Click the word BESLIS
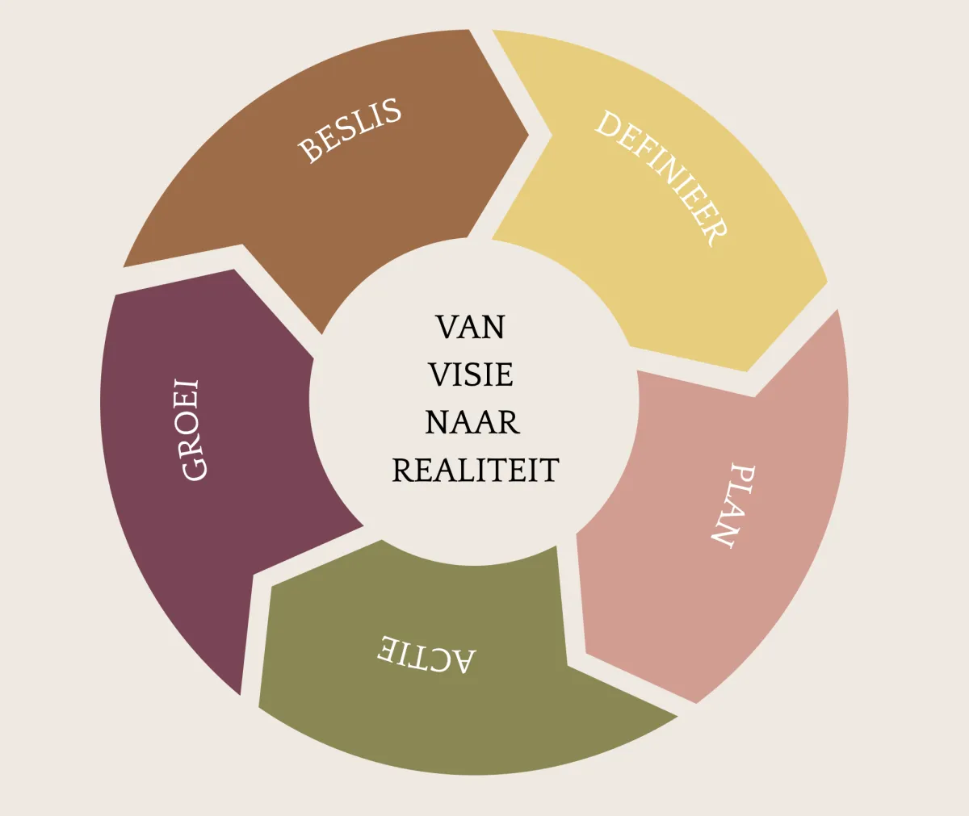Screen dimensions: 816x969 350,130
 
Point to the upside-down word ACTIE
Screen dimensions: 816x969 426,655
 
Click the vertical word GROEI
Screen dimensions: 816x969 191,429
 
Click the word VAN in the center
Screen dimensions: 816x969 471,327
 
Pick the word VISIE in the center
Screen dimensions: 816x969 471,375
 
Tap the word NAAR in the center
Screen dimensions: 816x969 472,422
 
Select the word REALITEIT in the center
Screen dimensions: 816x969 476,470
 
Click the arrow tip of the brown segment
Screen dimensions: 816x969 528,135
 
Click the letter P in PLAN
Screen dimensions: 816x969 742,474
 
